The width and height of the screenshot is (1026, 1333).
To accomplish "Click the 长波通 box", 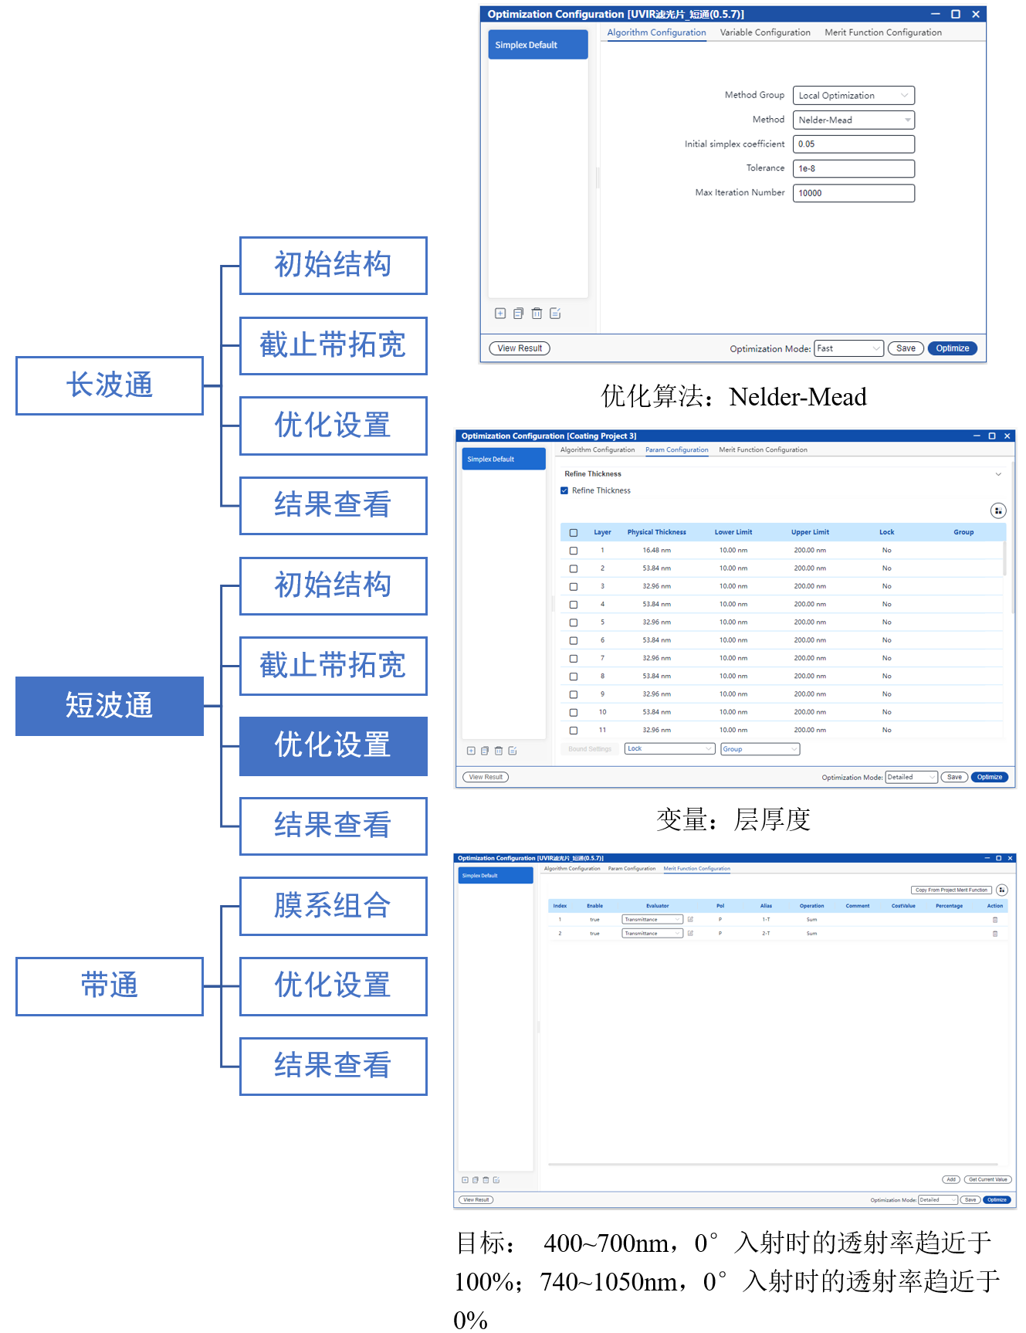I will coord(109,385).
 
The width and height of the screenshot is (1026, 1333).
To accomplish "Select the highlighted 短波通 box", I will coord(109,706).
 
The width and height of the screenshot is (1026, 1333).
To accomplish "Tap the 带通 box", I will coord(109,986).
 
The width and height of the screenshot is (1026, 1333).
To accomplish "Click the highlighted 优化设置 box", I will coord(333,746).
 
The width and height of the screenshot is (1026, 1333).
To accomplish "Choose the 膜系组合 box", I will coord(333,906).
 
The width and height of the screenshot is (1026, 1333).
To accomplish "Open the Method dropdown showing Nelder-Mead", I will coord(853,120).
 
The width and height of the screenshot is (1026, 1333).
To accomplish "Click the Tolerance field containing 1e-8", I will coord(853,168).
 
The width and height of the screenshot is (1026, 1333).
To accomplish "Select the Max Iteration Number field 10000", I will coord(853,193).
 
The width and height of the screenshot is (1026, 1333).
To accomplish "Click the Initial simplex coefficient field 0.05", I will coord(853,144).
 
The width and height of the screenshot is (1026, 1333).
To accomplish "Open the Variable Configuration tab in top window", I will coord(765,32).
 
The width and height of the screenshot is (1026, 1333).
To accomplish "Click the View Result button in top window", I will coord(520,348).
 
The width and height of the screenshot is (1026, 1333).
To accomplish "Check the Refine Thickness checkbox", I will coord(564,490).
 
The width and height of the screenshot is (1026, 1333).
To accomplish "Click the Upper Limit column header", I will coord(810,532).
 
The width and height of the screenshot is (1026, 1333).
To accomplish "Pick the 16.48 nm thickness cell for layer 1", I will coord(656,551).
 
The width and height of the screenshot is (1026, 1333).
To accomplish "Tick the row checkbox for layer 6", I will coord(574,640).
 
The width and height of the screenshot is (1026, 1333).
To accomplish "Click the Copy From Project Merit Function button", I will coord(951,890).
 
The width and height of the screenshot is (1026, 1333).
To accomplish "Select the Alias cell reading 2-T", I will coord(766,934).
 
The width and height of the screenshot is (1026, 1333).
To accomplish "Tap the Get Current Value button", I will coord(987,1179).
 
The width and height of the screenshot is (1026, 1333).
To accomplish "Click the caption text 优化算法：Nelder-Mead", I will coord(733,397).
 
